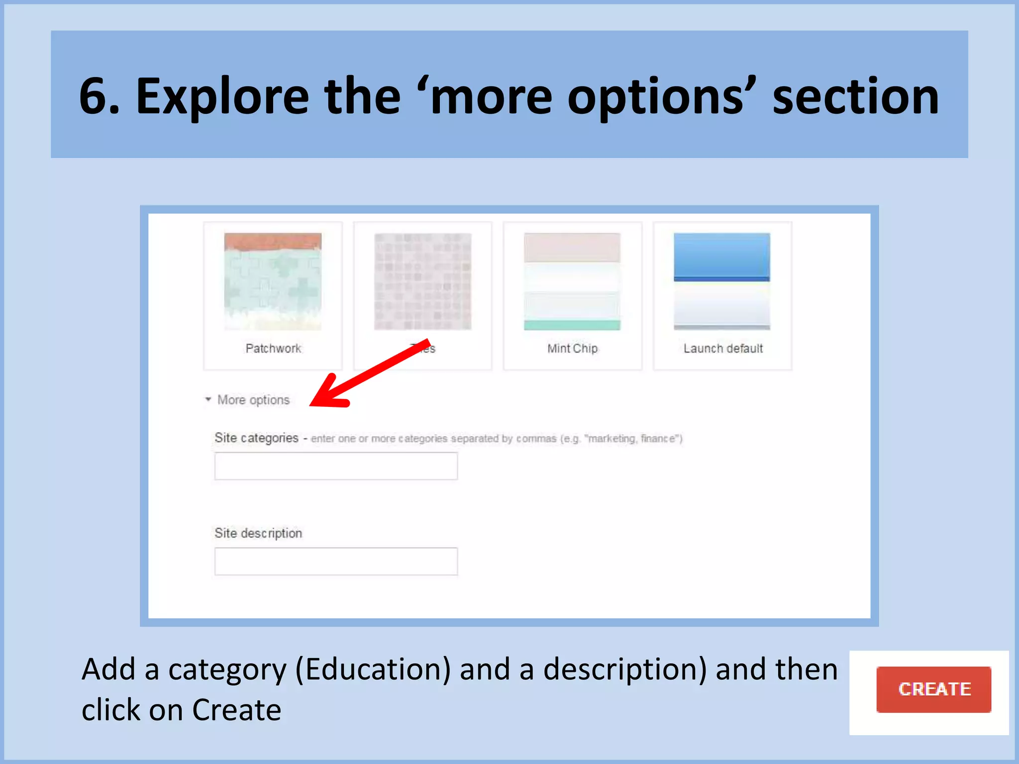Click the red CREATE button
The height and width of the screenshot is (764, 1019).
click(933, 689)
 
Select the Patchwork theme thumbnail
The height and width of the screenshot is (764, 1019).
click(273, 282)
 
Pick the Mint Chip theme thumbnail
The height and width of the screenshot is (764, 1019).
click(572, 282)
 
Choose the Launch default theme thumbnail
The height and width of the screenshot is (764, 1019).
click(722, 282)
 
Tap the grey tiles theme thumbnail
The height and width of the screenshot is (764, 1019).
click(423, 282)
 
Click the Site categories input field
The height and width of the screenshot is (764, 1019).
click(336, 466)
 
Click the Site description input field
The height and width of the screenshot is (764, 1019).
click(336, 562)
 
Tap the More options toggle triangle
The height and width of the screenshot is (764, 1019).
click(208, 399)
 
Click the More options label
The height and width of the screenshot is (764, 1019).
click(253, 400)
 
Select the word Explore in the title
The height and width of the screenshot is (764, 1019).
click(222, 96)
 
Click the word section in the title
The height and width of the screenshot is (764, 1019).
click(855, 96)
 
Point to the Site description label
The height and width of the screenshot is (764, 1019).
click(258, 533)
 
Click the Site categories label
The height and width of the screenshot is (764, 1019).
click(256, 438)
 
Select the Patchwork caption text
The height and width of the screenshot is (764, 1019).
click(273, 349)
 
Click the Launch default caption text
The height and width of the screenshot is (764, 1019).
click(723, 349)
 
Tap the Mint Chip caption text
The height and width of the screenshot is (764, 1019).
click(572, 349)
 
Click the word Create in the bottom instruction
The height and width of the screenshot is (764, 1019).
click(237, 710)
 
